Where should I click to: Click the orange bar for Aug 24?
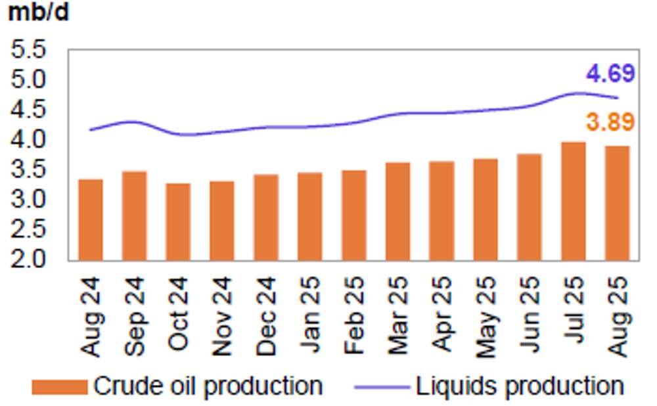90,219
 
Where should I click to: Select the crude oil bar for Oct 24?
178,221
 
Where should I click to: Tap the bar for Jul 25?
573,201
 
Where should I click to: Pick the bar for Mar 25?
397,211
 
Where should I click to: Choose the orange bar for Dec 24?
266,217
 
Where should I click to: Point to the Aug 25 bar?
617,203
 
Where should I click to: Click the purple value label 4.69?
610,74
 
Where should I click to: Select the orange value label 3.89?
610,122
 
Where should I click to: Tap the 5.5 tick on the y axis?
28,50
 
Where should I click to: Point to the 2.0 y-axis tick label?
28,259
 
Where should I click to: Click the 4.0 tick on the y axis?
28,139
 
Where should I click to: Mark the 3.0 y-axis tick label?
28,199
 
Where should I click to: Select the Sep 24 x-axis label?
135,315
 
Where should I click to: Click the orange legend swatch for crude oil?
60,387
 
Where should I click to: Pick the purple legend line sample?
382,387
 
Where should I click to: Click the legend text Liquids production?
519,386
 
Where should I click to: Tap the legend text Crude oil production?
208,386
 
